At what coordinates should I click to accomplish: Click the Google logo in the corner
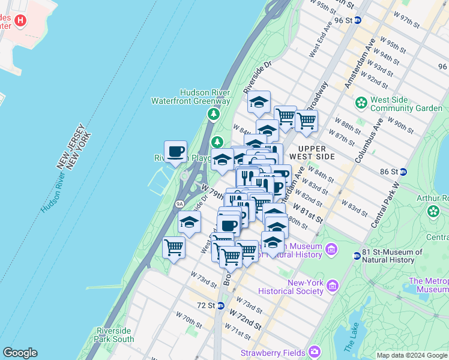tap(20, 353)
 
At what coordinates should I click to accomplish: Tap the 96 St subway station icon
tap(358, 20)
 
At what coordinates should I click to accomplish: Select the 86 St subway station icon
tap(403, 171)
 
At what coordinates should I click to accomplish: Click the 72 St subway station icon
tap(221, 305)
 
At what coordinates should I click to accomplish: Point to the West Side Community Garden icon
tap(361, 103)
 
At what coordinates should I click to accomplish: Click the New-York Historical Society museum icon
tap(318, 290)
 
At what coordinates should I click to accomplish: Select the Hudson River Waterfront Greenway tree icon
tap(212, 113)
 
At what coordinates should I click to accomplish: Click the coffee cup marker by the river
tap(175, 152)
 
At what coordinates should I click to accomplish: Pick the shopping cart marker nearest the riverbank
tap(173, 247)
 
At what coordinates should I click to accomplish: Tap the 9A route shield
tap(179, 204)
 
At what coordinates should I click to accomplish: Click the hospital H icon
tap(21, 21)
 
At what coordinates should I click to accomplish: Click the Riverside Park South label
tap(115, 335)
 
